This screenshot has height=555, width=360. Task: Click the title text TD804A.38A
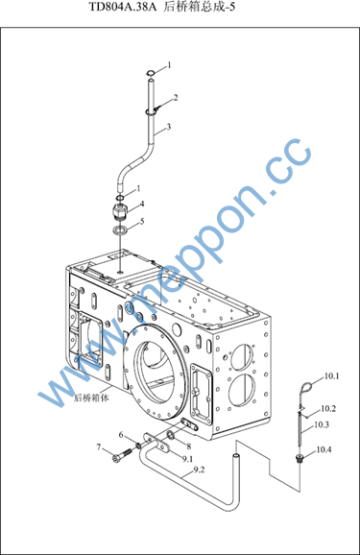tap(123, 7)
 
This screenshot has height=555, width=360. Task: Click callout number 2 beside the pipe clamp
tap(176, 98)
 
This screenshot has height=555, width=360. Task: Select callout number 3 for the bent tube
tap(169, 127)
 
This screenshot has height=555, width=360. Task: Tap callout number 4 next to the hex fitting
tap(142, 204)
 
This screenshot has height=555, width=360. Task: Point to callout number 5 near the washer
tap(142, 222)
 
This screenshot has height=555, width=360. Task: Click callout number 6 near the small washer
tap(121, 435)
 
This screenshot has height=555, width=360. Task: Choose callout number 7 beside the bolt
tap(99, 447)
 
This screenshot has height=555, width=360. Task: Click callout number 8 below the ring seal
tap(189, 447)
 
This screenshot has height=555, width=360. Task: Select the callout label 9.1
tap(187, 459)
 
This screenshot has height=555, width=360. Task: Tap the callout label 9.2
tap(199, 471)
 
